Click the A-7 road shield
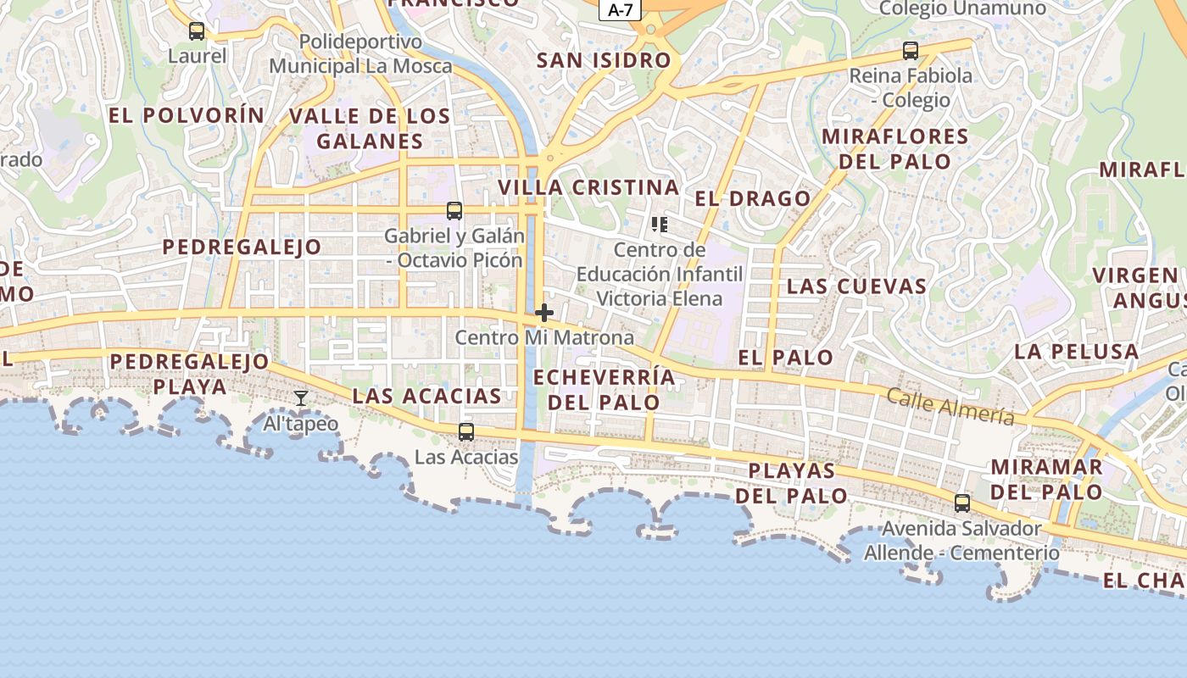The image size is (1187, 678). [621, 10]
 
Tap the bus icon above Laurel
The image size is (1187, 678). [197, 31]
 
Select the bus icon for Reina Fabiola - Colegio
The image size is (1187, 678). [911, 51]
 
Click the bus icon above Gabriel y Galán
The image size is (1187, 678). [454, 211]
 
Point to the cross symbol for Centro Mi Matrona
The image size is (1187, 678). [544, 313]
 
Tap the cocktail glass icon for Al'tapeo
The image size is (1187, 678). [301, 397]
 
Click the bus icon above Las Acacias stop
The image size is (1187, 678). [466, 432]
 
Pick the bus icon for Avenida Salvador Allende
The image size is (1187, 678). [962, 503]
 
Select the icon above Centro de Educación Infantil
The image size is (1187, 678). [660, 225]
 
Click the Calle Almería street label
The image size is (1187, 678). [950, 406]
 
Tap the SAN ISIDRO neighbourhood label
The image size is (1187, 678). [604, 60]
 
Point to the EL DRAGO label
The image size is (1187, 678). [753, 198]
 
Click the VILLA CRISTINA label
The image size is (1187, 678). [588, 187]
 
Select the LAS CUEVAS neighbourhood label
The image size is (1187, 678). [856, 286]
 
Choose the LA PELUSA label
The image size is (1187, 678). [1076, 351]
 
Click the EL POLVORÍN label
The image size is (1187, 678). [187, 115]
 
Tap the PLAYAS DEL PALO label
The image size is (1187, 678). [792, 482]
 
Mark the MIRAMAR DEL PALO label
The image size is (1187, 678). [1047, 479]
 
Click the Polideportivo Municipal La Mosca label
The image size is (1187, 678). [360, 53]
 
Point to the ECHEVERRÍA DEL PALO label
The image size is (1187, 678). [605, 389]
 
